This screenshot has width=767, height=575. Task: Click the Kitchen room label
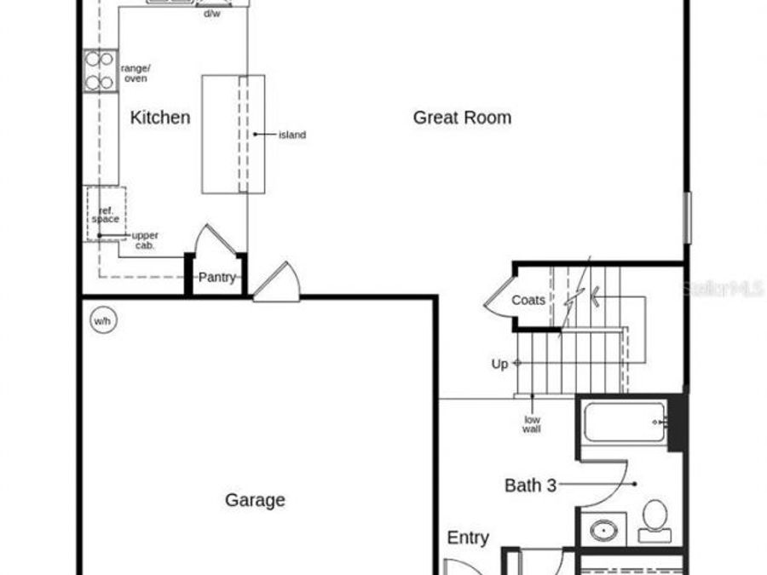click(x=160, y=118)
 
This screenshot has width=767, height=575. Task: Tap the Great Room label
click(x=462, y=118)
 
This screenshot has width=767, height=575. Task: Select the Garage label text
click(x=255, y=500)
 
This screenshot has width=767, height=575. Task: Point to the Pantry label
click(x=216, y=277)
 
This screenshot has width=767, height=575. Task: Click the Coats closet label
click(x=528, y=300)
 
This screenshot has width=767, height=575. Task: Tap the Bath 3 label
click(x=530, y=486)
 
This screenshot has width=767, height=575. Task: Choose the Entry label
click(x=468, y=538)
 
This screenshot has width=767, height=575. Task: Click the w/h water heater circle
click(x=102, y=321)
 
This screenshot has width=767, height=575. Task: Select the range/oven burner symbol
click(x=100, y=72)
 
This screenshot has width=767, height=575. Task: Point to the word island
click(x=292, y=135)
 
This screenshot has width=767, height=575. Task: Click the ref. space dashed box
click(x=106, y=213)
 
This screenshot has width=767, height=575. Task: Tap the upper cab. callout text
click(x=145, y=240)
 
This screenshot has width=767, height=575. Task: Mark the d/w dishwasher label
click(x=211, y=14)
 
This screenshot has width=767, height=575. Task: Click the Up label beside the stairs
click(x=499, y=364)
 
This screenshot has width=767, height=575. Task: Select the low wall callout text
click(x=532, y=423)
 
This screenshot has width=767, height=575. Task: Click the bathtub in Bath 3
click(x=625, y=422)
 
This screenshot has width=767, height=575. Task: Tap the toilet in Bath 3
click(x=655, y=520)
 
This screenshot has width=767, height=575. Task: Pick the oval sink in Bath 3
click(x=604, y=530)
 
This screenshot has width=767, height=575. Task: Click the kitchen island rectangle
click(x=233, y=134)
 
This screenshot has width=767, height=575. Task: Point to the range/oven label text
click(x=136, y=72)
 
